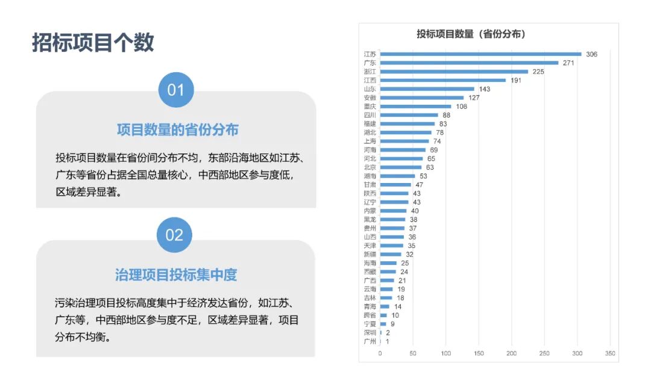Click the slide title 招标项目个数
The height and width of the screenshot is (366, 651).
(93, 43)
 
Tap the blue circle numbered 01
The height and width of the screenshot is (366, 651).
(175, 90)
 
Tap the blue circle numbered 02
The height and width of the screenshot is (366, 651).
(174, 235)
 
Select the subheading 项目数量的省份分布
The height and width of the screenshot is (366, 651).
(177, 129)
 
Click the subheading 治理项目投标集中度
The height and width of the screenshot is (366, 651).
(176, 275)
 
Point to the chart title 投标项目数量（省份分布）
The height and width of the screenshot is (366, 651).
(471, 34)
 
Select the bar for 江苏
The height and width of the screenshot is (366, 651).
(480, 54)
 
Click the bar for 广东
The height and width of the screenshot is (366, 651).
(469, 63)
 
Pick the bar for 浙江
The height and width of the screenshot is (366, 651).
(454, 72)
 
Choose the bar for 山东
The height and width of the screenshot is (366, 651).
(427, 88)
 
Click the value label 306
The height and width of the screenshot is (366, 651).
(591, 54)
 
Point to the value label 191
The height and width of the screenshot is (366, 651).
(516, 80)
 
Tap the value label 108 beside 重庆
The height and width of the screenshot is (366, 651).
(461, 107)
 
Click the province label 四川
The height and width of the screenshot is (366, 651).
(370, 115)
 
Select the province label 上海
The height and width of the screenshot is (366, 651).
(370, 141)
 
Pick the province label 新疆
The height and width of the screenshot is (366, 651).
(370, 254)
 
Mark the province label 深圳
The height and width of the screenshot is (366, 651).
(370, 332)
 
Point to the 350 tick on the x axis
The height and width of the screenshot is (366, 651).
(610, 353)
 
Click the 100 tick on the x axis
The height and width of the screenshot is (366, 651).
(446, 353)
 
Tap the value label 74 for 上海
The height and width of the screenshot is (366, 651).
(437, 141)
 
